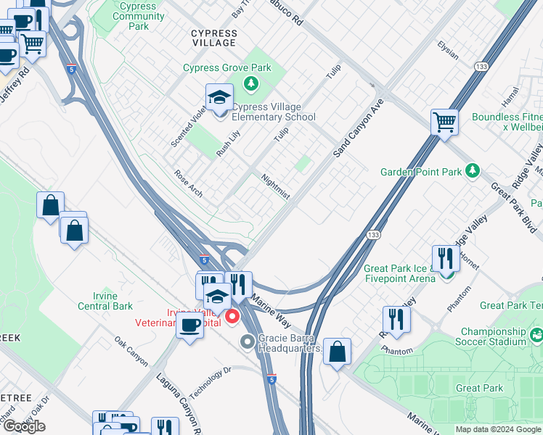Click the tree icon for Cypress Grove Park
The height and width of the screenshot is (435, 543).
click(252, 83)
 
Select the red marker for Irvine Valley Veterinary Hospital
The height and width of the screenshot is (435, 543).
click(233, 316)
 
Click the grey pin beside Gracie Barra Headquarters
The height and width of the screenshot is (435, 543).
click(248, 341)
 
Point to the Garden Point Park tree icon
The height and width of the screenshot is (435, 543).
click(473, 170)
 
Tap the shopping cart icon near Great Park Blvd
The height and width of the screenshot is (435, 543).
click(444, 122)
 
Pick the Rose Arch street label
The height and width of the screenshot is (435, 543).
click(188, 184)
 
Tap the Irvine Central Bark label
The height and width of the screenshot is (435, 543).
click(103, 301)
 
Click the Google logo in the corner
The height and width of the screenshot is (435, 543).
click(24, 426)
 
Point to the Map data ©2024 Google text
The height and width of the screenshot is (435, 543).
click(498, 429)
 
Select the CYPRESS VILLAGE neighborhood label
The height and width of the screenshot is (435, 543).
click(213, 38)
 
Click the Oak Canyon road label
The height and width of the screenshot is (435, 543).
click(131, 351)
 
